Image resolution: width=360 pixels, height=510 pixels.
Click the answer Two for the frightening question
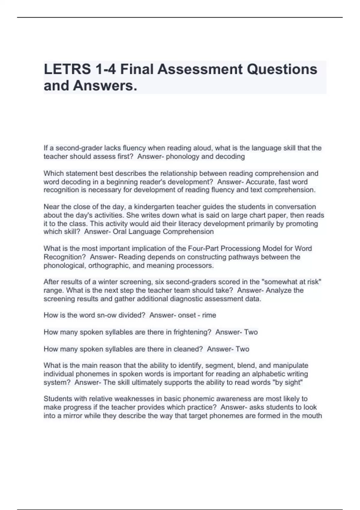pos(251,332)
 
